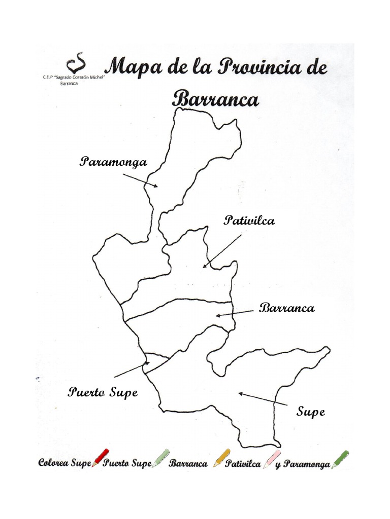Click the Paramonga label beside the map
click(114, 162)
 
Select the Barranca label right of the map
click(287, 308)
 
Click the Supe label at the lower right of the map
click(311, 412)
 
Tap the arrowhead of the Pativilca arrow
click(205, 266)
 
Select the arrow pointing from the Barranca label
click(235, 313)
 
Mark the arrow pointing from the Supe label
click(264, 399)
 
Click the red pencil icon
click(101, 457)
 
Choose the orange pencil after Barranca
click(221, 458)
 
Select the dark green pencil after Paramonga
click(340, 459)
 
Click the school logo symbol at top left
click(78, 64)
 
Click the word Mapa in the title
click(136, 68)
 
